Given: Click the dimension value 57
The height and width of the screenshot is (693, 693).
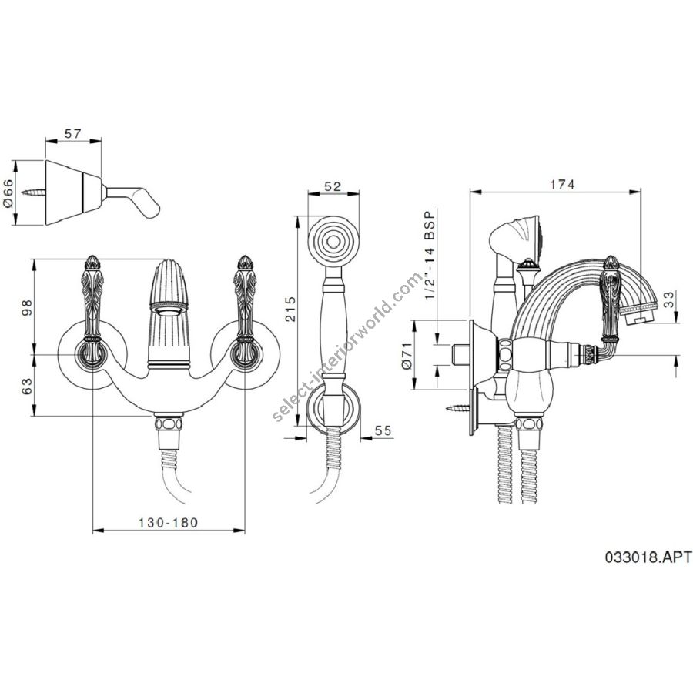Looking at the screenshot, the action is [73, 133].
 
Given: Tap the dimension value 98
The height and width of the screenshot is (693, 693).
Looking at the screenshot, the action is [27, 306].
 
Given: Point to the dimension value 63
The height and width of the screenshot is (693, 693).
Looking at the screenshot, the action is [27, 387].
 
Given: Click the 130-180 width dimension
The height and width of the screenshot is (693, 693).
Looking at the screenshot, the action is [169, 522].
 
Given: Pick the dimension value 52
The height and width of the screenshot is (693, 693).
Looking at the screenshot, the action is [333, 186].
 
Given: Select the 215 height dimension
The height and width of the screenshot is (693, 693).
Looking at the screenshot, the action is [290, 309].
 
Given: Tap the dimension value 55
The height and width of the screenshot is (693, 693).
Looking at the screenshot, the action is [383, 430].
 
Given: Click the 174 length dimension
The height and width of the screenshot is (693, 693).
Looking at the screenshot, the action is [562, 184].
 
